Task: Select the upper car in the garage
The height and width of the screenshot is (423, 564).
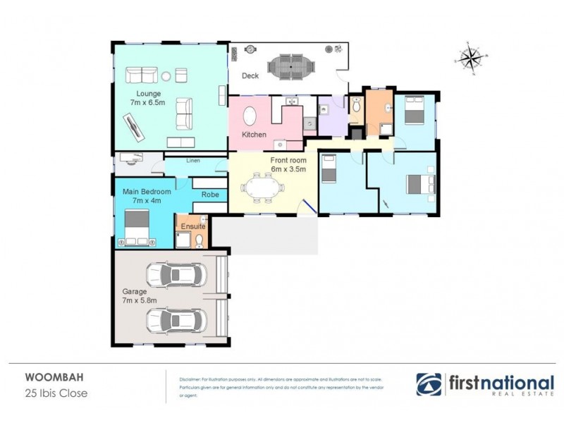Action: (176, 274)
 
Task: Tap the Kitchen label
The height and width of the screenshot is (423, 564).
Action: (253, 134)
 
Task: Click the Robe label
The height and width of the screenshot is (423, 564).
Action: (209, 194)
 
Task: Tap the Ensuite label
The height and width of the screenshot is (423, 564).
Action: (192, 226)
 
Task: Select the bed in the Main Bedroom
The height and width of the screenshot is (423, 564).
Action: (137, 228)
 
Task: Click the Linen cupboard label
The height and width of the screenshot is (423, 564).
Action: (193, 161)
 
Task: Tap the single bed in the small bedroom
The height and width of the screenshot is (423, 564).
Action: (330, 169)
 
